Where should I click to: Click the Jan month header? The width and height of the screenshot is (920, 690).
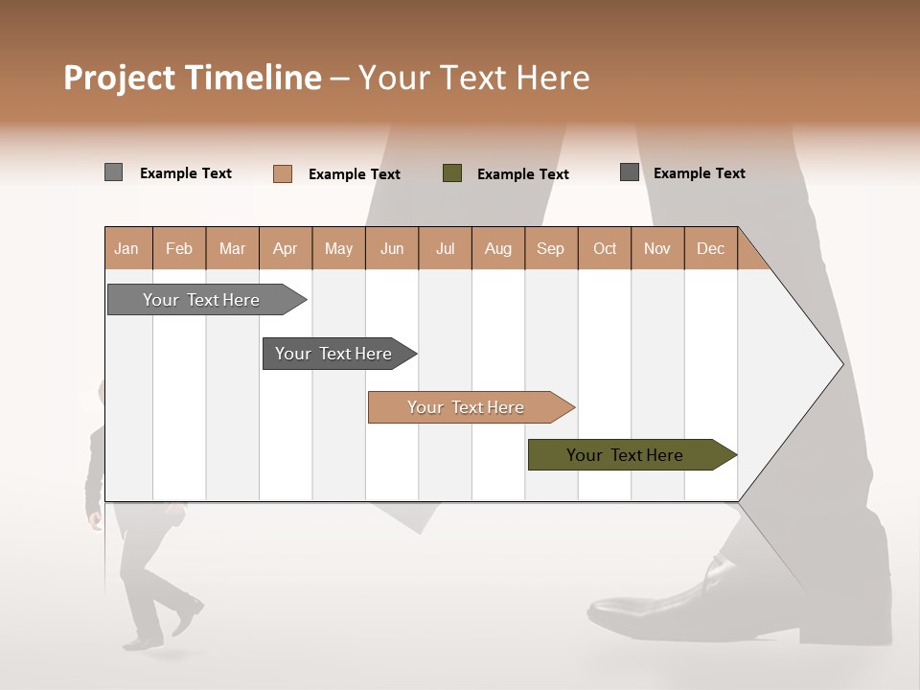127,249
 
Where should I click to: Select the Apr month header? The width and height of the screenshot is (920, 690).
286,249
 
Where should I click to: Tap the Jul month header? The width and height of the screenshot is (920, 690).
445,249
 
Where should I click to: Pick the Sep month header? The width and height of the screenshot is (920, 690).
550,249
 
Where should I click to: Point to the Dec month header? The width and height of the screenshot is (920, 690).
710,249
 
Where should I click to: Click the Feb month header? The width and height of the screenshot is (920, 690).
179,249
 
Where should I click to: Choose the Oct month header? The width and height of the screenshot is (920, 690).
605,249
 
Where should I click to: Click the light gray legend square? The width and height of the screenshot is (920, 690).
113,172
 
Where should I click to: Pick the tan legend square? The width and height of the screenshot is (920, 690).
283,173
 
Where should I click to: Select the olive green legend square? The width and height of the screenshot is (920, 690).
452,172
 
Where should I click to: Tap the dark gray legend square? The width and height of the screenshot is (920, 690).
630,172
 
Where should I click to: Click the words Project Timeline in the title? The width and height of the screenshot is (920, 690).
193,78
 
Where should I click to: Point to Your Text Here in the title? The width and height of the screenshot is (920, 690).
474,78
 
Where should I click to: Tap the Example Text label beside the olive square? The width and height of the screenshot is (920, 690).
523,174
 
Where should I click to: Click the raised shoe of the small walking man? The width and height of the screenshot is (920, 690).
189,616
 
